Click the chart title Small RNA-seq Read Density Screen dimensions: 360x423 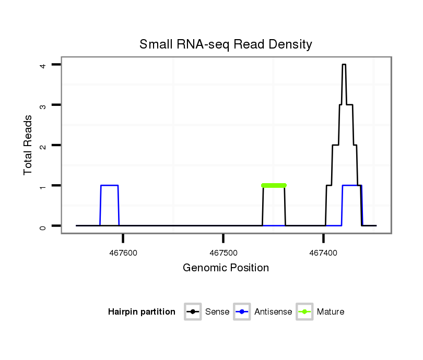(226, 44)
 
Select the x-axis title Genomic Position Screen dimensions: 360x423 (226, 268)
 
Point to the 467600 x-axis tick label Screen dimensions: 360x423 (123, 253)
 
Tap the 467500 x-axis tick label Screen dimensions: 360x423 (224, 253)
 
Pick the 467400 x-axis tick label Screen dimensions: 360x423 (323, 253)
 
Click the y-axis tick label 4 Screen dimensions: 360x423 (45, 65)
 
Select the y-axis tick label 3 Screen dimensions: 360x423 (45, 105)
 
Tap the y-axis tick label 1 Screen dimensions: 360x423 (45, 186)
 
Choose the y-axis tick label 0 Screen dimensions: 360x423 (45, 226)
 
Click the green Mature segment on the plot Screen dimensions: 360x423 (274, 185)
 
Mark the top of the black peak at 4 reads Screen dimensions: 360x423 (344, 65)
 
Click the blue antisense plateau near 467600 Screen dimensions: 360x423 (109, 185)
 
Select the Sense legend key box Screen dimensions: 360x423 (193, 312)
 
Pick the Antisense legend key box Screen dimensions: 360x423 (242, 312)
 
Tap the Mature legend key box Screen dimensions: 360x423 (304, 312)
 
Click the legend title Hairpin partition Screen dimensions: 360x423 (142, 312)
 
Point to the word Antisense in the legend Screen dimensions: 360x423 (273, 312)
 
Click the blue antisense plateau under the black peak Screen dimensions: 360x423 (351, 186)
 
